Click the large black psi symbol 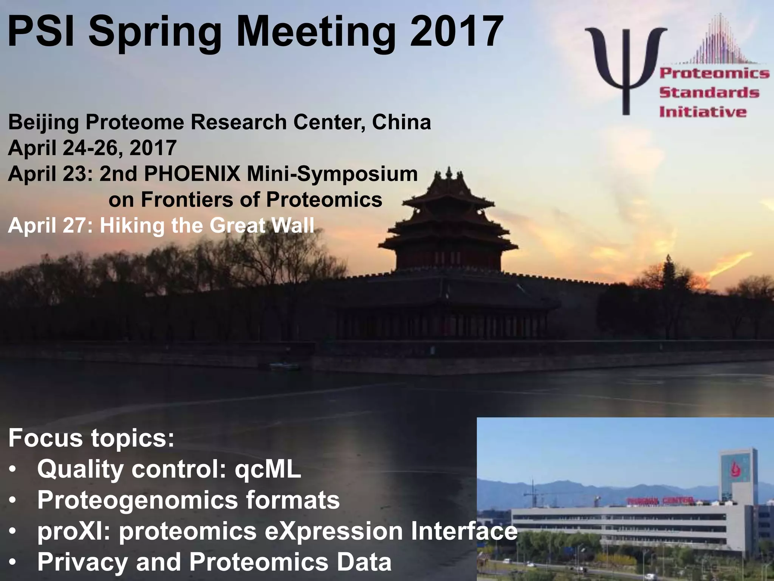tap(625, 64)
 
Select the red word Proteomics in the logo tap(714, 73)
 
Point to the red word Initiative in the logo tap(703, 112)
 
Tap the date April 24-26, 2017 tap(92, 148)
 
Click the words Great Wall tap(262, 226)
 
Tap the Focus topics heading tap(91, 438)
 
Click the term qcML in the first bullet tap(268, 469)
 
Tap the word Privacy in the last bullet tap(82, 562)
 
